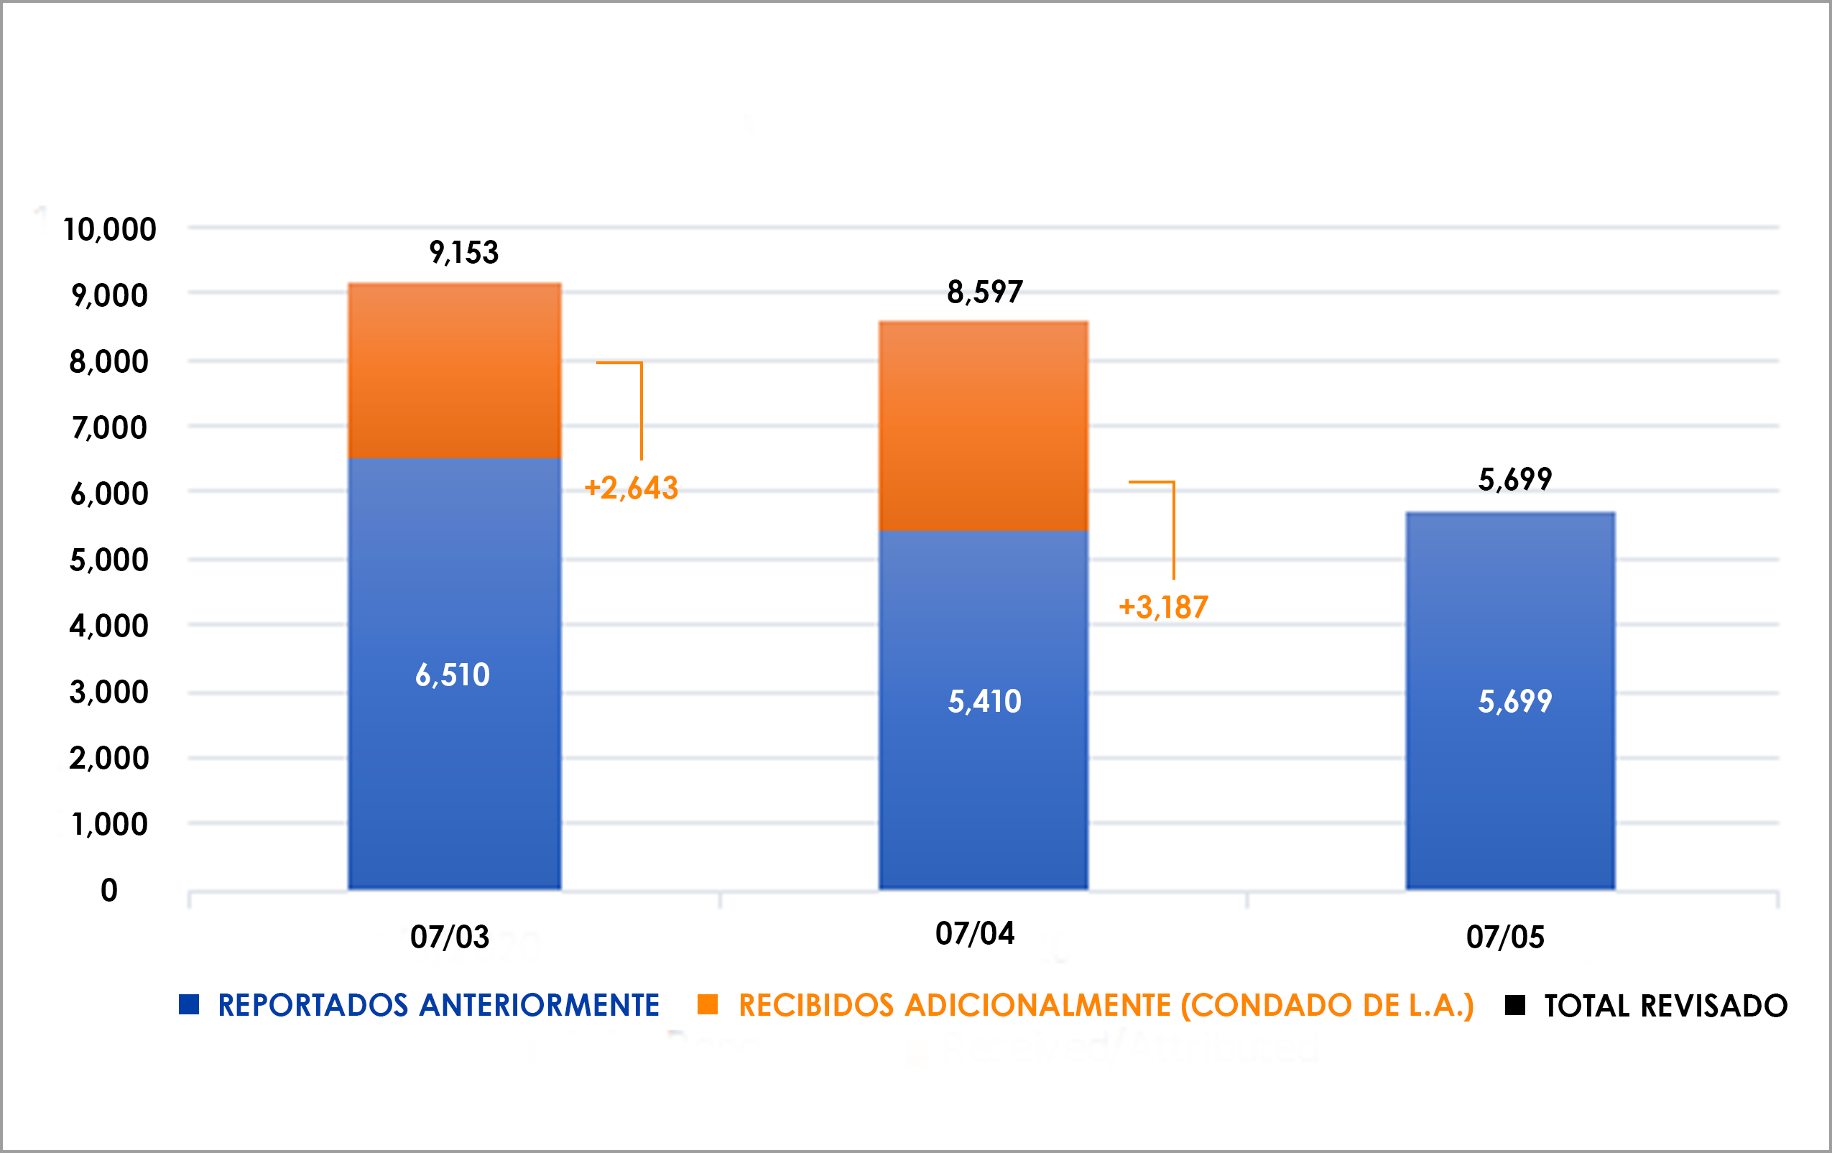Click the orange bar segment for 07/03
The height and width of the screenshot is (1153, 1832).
coord(454,371)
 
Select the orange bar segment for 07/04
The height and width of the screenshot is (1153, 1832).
coord(983,426)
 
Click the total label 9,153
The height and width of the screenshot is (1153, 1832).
coord(463,252)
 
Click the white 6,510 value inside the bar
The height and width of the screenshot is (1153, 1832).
coord(453,675)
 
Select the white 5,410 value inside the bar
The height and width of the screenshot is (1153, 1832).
coord(984,701)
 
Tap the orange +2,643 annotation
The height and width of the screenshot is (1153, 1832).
coord(631,488)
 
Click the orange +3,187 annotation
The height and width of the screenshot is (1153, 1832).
coord(1163,607)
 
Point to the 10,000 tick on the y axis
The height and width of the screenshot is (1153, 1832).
coord(109,230)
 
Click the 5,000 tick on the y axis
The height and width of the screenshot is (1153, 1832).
coord(108,560)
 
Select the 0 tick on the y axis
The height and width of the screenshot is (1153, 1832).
coord(108,890)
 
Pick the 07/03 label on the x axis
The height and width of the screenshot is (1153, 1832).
coord(450,937)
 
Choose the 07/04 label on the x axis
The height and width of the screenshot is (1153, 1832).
coord(975,933)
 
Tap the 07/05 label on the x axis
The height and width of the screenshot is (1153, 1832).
coord(1505,937)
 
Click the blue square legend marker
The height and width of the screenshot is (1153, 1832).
coord(189,1005)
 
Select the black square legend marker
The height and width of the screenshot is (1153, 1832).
coord(1514,1005)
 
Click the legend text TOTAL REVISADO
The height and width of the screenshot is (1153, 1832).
coord(1665,1006)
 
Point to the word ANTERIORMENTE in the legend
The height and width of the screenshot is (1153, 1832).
coord(540,1006)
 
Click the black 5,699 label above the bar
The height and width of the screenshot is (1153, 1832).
coord(1514,479)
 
